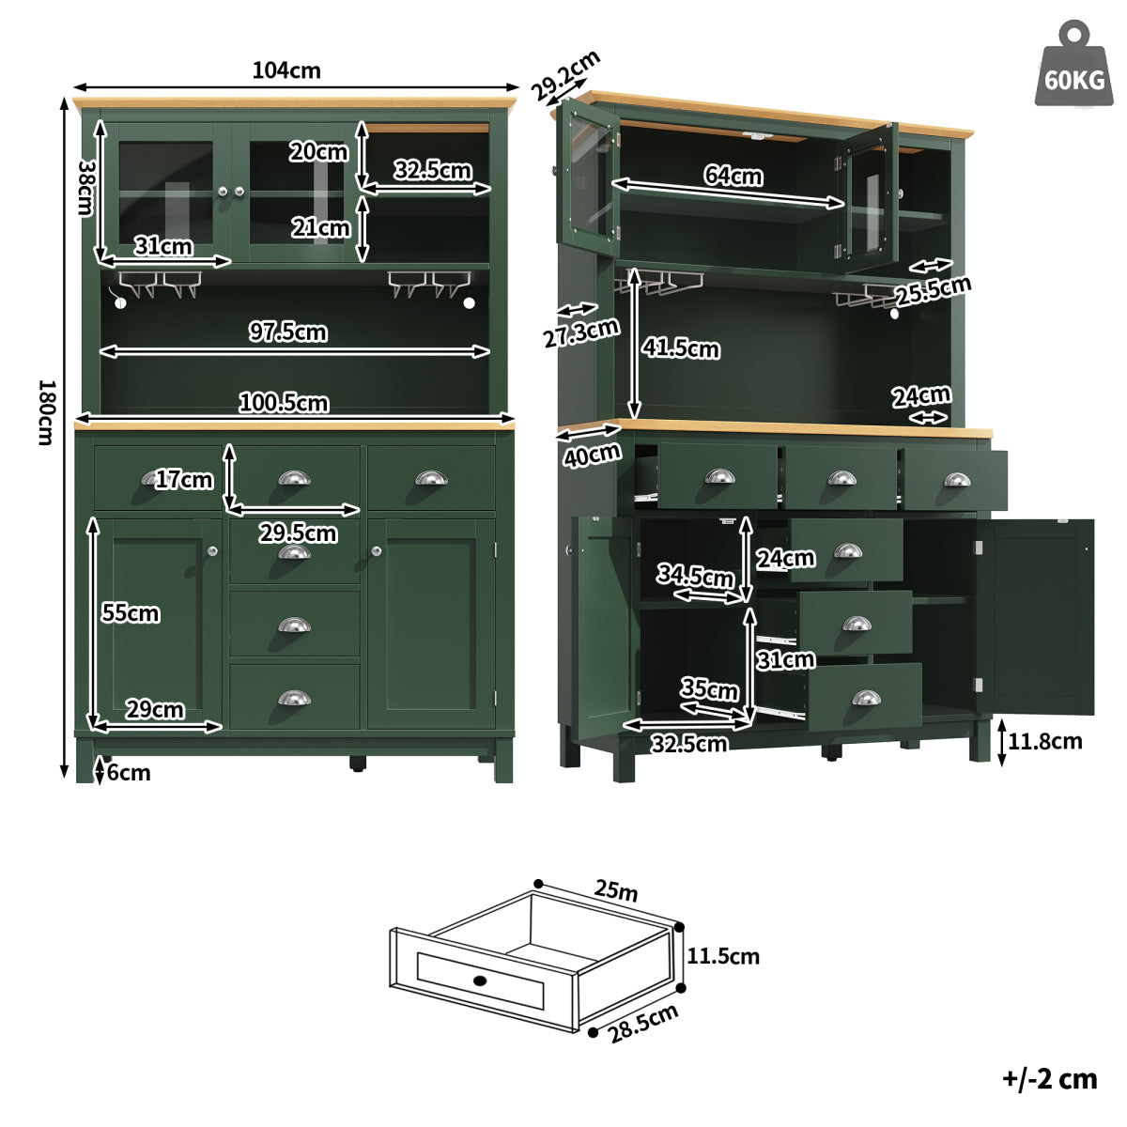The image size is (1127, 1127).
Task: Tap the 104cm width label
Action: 286,70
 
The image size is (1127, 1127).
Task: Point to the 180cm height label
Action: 47,412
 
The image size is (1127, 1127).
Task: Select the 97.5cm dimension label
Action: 287,332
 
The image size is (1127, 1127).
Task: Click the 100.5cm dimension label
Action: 284,403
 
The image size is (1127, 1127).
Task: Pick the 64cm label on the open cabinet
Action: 733,175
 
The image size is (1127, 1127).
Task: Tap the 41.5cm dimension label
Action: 681,348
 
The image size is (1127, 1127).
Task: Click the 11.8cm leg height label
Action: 1045,742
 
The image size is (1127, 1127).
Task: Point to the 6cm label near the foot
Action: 129,773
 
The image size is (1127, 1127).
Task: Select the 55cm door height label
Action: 131,613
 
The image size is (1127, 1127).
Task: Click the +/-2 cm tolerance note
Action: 1050,1079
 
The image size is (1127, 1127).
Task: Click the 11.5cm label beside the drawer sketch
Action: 723,956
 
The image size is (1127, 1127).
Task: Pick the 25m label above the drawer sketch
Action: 616,890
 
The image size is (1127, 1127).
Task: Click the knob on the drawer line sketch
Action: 480,980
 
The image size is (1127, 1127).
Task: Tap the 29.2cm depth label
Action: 565,75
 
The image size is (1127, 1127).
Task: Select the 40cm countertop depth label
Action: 592,455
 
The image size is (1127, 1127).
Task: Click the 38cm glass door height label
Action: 86,188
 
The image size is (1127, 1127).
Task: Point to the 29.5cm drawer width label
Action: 299,533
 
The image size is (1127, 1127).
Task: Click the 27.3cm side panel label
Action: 581,333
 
